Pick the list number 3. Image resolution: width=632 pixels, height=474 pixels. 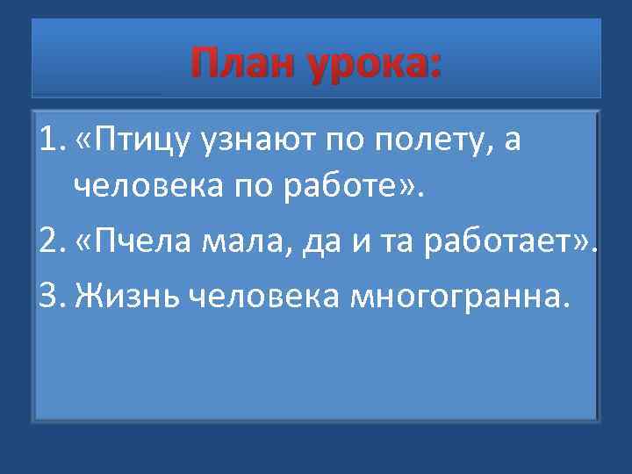50,298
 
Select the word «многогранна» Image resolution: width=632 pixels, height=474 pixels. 457,298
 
